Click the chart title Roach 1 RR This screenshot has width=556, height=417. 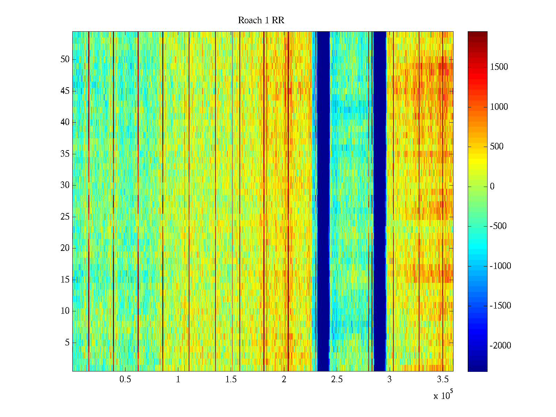pos(261,21)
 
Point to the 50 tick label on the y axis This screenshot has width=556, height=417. pos(65,59)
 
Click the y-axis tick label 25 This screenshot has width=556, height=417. pos(65,217)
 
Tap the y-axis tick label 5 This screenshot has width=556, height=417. pos(67,343)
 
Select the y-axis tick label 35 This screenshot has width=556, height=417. pos(65,154)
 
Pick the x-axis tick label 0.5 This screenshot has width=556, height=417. pos(125,379)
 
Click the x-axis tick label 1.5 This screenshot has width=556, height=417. pos(231,379)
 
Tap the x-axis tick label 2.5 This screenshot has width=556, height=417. pos(337,379)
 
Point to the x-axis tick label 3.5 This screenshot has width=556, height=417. pos(442,379)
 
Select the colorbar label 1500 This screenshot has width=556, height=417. pos(499,67)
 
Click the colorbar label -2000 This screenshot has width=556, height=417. pos(500,346)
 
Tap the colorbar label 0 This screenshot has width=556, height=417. pos(492,187)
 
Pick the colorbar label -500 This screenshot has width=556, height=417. pos(498,226)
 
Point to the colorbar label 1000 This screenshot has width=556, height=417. pos(499,107)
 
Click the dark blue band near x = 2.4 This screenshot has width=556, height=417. pos(323,202)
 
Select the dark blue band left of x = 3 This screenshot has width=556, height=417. pos(379,202)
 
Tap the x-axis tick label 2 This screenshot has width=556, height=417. pos(284,379)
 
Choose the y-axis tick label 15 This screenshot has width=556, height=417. pos(65,280)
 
